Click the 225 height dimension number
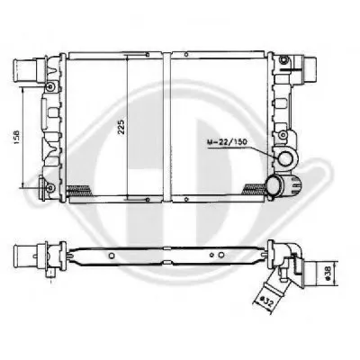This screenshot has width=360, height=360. coord(121,128)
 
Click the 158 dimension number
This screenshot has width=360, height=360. coord(16,138)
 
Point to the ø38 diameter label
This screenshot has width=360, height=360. coord(328,273)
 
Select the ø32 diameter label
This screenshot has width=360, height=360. coord(266,301)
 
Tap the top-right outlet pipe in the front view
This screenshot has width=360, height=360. coord(309,70)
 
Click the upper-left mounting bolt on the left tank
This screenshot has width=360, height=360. coord(50,87)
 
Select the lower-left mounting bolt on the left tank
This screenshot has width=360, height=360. coord(50,188)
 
